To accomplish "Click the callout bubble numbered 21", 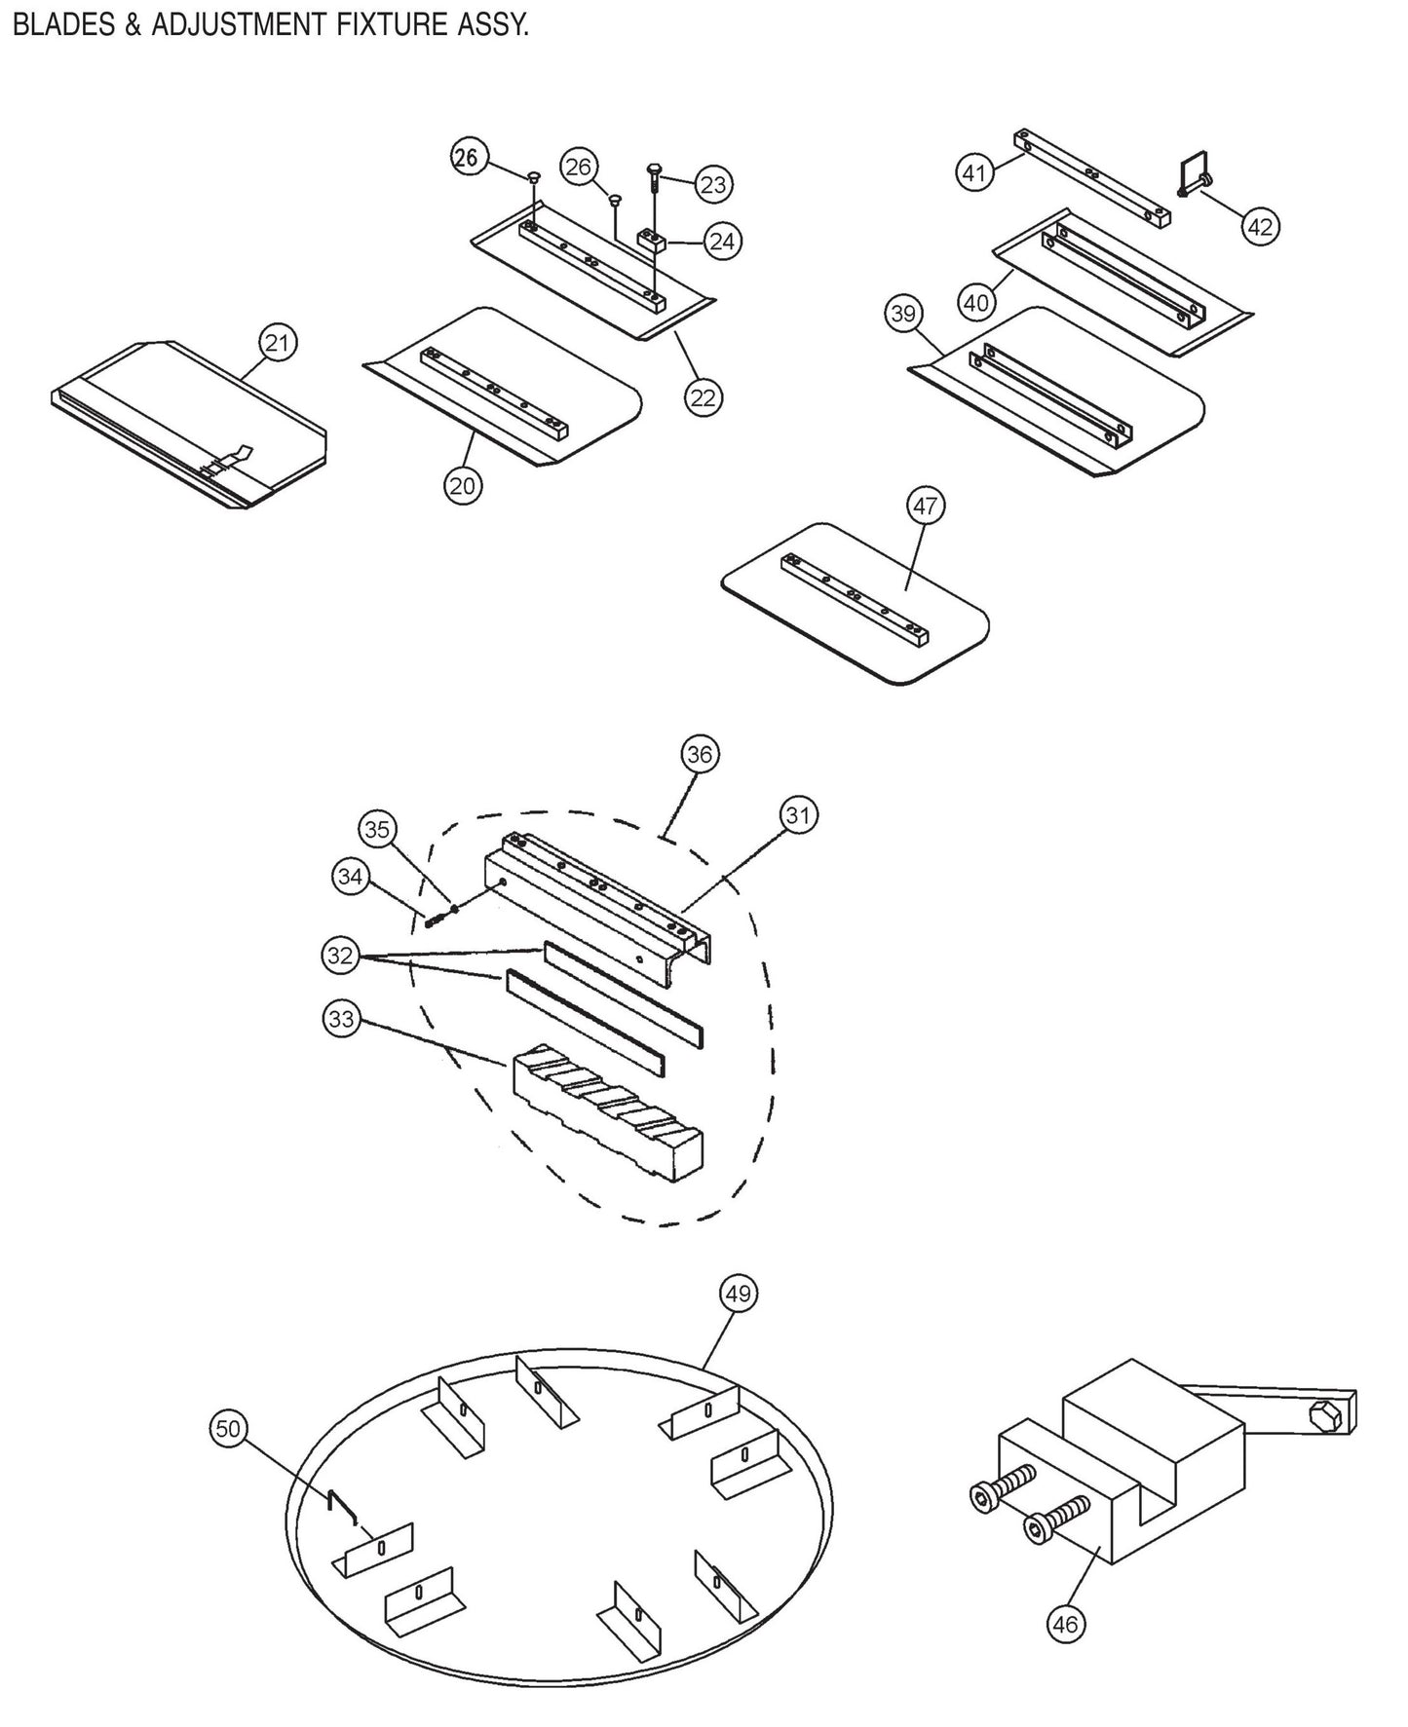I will pyautogui.click(x=278, y=343).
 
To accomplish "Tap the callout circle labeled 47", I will pyautogui.click(x=925, y=506).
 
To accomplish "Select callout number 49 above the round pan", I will pyautogui.click(x=739, y=1294).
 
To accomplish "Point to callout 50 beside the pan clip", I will pyautogui.click(x=227, y=1428).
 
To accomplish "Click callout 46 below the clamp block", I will pyautogui.click(x=1065, y=1624).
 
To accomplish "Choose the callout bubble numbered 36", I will pyautogui.click(x=699, y=754).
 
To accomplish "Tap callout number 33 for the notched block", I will pyautogui.click(x=341, y=1020).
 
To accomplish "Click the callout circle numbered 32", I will pyautogui.click(x=339, y=956).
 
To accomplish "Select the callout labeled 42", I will pyautogui.click(x=1260, y=226).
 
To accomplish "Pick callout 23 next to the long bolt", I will pyautogui.click(x=713, y=184).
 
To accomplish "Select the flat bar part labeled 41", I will pyautogui.click(x=1091, y=178).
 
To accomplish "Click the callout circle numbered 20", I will pyautogui.click(x=463, y=484).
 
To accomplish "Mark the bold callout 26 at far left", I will pyautogui.click(x=468, y=157).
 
